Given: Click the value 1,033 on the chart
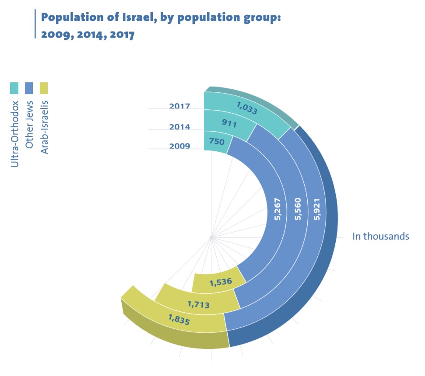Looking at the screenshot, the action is click(x=247, y=108).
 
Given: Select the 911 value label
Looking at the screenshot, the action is click(x=229, y=123).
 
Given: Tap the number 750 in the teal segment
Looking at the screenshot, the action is click(x=217, y=141).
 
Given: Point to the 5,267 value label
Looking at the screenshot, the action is click(x=278, y=209).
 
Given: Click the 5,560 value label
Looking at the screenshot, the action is click(x=298, y=209).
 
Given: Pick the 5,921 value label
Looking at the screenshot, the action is click(x=316, y=209).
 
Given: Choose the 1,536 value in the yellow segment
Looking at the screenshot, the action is click(x=221, y=282).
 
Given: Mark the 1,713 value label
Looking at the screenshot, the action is click(x=199, y=304).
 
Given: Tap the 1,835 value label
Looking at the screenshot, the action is click(x=179, y=320).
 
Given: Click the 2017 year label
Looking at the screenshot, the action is click(x=179, y=106).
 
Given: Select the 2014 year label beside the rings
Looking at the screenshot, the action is click(x=179, y=127).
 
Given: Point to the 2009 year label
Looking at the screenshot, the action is click(x=179, y=146).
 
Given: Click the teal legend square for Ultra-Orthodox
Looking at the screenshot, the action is click(x=14, y=88).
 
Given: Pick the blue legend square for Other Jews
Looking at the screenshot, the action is click(x=29, y=88).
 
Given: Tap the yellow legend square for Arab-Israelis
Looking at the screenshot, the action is click(x=44, y=88).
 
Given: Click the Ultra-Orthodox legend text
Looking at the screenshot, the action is click(x=14, y=134).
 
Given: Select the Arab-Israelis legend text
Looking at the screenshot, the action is click(x=44, y=127).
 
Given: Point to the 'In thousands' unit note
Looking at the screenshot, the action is click(x=380, y=237).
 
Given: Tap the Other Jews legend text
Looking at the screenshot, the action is click(x=29, y=125).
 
